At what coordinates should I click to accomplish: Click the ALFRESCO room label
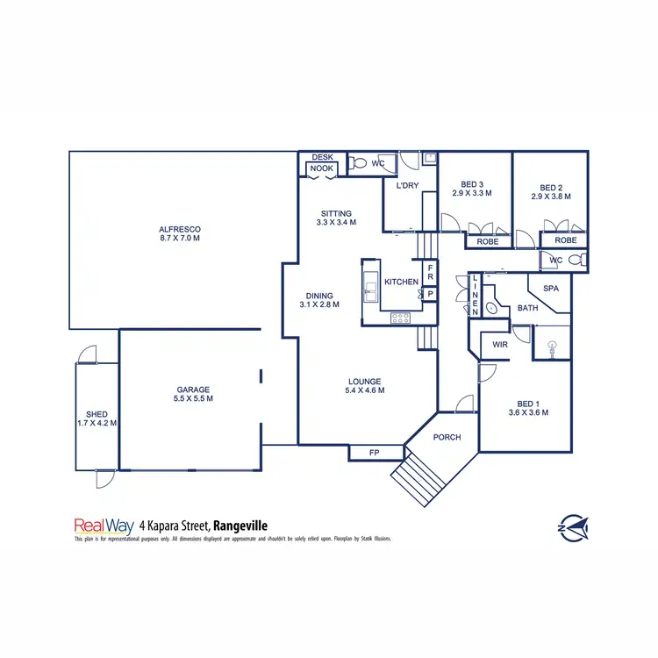(180, 229)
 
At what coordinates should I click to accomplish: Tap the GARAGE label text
(192, 390)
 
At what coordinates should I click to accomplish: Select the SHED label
(96, 414)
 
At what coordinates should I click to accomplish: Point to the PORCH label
(447, 437)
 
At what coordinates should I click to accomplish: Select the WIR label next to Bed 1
(500, 345)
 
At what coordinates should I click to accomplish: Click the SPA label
(551, 288)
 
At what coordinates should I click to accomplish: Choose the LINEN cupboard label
(475, 294)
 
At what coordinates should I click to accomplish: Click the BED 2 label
(550, 187)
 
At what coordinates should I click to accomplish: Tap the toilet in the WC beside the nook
(357, 163)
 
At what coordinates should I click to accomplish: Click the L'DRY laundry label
(408, 186)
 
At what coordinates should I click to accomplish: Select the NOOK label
(321, 168)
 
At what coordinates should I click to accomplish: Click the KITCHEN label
(402, 282)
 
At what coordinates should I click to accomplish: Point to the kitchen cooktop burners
(401, 318)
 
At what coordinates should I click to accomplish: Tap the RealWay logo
(104, 526)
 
